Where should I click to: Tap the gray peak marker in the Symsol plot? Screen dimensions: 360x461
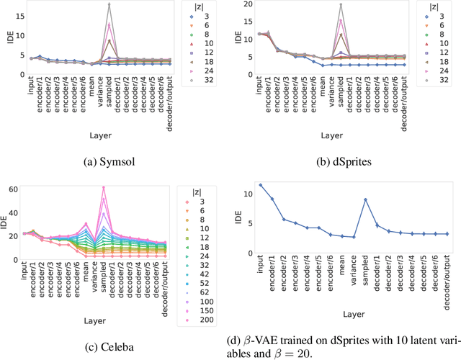click(x=109, y=4)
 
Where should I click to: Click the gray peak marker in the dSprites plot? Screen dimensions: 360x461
click(x=341, y=5)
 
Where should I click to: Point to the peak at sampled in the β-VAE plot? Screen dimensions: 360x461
click(x=365, y=199)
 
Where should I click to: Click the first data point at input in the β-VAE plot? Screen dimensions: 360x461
click(x=261, y=184)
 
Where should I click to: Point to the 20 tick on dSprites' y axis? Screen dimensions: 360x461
click(x=251, y=4)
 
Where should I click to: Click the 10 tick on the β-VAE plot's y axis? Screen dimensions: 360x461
click(x=246, y=194)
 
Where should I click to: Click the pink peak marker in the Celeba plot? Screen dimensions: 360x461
click(x=104, y=189)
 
